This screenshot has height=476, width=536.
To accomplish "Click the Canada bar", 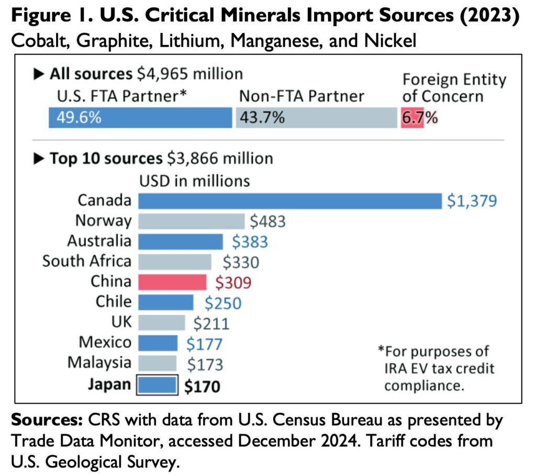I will [290, 201].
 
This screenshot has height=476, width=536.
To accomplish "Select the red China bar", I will [172, 282].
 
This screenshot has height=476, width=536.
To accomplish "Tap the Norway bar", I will [191, 221].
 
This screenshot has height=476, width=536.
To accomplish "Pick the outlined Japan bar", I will [157, 385].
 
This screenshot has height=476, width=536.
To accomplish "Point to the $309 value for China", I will [233, 283].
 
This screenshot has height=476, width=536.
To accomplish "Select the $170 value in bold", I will [202, 386].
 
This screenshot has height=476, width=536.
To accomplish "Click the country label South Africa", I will [87, 261].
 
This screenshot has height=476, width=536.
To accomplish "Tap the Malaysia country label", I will [99, 363].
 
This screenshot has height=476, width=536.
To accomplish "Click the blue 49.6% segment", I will [140, 117].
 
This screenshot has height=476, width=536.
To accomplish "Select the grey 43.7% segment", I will [316, 117].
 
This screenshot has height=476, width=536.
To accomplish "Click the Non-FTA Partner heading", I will [301, 96].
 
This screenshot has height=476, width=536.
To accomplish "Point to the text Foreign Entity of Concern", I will [454, 88].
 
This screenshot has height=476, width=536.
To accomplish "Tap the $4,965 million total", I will [190, 74].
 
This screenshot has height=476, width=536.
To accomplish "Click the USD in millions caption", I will [194, 181].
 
